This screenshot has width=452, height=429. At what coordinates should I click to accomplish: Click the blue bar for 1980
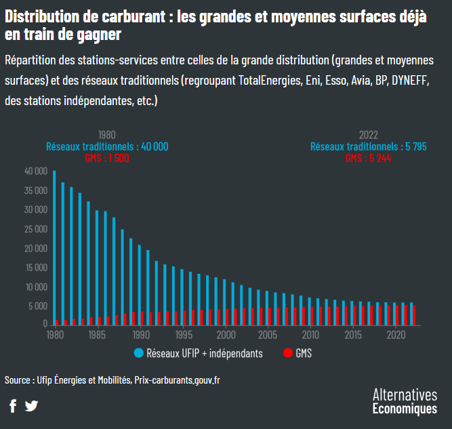[x=54, y=247]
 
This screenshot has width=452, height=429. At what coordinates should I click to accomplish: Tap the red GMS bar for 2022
[x=415, y=315]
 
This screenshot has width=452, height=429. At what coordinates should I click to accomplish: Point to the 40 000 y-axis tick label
[x=36, y=171]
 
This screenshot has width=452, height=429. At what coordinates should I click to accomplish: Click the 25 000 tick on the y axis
[x=36, y=229]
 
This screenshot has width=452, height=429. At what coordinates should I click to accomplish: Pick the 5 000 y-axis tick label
[x=38, y=306]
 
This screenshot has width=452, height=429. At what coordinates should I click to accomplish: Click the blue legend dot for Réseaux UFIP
[x=139, y=353]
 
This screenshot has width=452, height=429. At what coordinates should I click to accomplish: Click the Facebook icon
[x=13, y=406]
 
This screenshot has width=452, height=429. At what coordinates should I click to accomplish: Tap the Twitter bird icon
[x=31, y=406]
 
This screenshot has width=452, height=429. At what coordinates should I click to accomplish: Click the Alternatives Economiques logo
[x=405, y=401]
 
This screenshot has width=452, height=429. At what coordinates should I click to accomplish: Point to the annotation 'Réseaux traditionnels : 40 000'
[x=107, y=146]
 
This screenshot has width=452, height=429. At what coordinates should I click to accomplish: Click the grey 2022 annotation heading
[x=368, y=135]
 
